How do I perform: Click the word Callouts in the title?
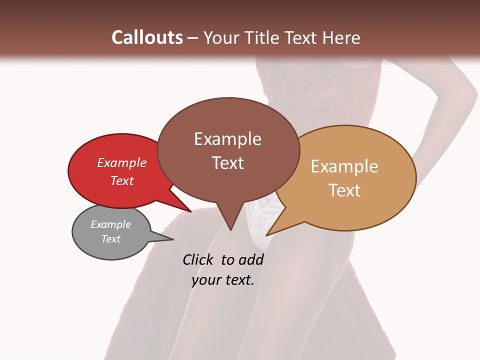click(147, 37)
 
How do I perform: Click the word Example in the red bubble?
click(122, 162)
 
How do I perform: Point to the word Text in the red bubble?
click(122, 180)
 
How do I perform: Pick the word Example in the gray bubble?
click(110, 224)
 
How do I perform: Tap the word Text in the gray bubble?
click(110, 239)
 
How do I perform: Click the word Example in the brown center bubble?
click(227, 139)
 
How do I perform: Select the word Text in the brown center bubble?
click(227, 163)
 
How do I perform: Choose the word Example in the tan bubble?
click(344, 166)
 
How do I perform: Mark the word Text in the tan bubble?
click(344, 190)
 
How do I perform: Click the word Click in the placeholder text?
click(198, 259)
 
